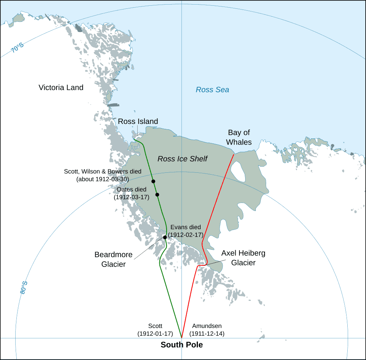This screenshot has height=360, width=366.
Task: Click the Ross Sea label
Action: pyautogui.click(x=212, y=90)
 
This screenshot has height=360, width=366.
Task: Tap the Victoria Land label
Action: pyautogui.click(x=61, y=88)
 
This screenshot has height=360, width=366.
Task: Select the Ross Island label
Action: pyautogui.click(x=138, y=122)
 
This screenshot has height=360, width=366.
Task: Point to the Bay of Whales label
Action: pyautogui.click(x=239, y=137)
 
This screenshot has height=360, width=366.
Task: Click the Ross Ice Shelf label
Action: pyautogui.click(x=182, y=159)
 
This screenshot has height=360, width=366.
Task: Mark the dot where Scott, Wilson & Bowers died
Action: pyautogui.click(x=153, y=182)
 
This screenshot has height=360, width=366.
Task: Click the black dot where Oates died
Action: pyautogui.click(x=157, y=195)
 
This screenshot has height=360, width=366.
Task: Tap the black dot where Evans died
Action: pyautogui.click(x=165, y=237)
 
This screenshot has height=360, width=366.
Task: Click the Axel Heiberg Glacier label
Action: pyautogui.click(x=243, y=258)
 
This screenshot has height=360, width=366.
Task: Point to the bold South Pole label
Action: pyautogui.click(x=181, y=345)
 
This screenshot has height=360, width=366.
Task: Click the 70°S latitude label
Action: pyautogui.click(x=17, y=48)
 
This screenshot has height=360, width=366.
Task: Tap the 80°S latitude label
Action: pyautogui.click(x=24, y=288)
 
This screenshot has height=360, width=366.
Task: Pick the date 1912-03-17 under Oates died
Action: pyautogui.click(x=132, y=197)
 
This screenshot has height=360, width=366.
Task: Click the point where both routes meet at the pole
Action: pyautogui.click(x=181, y=338)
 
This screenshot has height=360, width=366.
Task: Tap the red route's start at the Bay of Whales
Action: pyautogui.click(x=234, y=154)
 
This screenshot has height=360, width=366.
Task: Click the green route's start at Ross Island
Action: pyautogui.click(x=135, y=141)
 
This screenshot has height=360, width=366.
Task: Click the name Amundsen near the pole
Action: pyautogui.click(x=207, y=326)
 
